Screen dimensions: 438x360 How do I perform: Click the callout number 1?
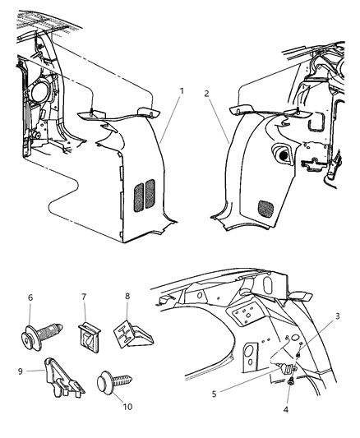tap(182, 90)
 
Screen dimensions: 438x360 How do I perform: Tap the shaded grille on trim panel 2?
tap(268, 208)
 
